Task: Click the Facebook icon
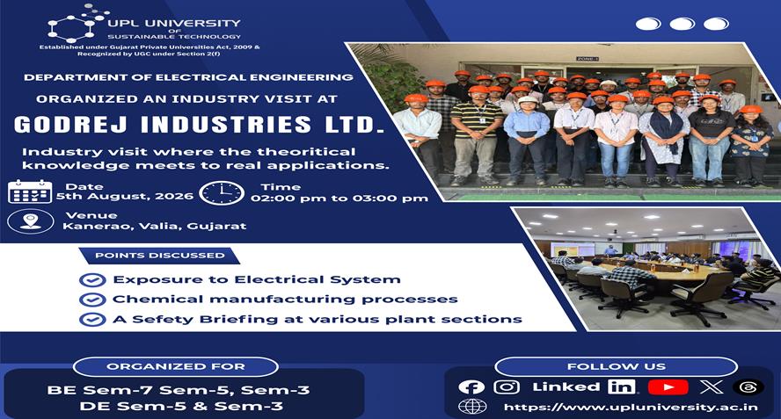[471, 387]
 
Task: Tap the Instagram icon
[507, 387]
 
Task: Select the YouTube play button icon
[668, 387]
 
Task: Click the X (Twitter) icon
[711, 386]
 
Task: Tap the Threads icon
[748, 387]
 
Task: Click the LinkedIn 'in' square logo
[621, 386]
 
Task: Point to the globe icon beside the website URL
[472, 407]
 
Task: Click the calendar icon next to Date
[30, 192]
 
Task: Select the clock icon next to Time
[222, 193]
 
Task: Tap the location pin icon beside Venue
[31, 221]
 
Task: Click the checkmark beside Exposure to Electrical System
[92, 280]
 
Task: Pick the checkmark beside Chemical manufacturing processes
[92, 300]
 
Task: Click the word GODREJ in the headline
[70, 125]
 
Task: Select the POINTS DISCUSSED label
[160, 256]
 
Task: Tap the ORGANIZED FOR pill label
[175, 367]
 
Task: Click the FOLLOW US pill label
[617, 367]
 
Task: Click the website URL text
[631, 407]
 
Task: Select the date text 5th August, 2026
[125, 196]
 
